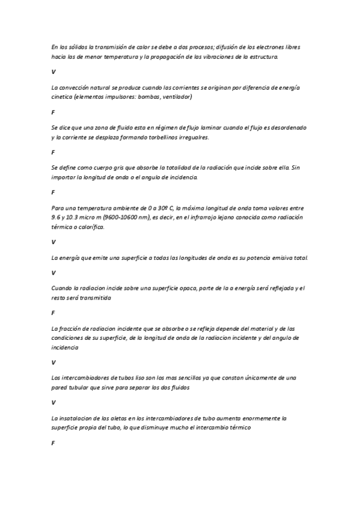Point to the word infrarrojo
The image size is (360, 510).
click(207, 217)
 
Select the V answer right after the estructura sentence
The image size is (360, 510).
click(53, 72)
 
